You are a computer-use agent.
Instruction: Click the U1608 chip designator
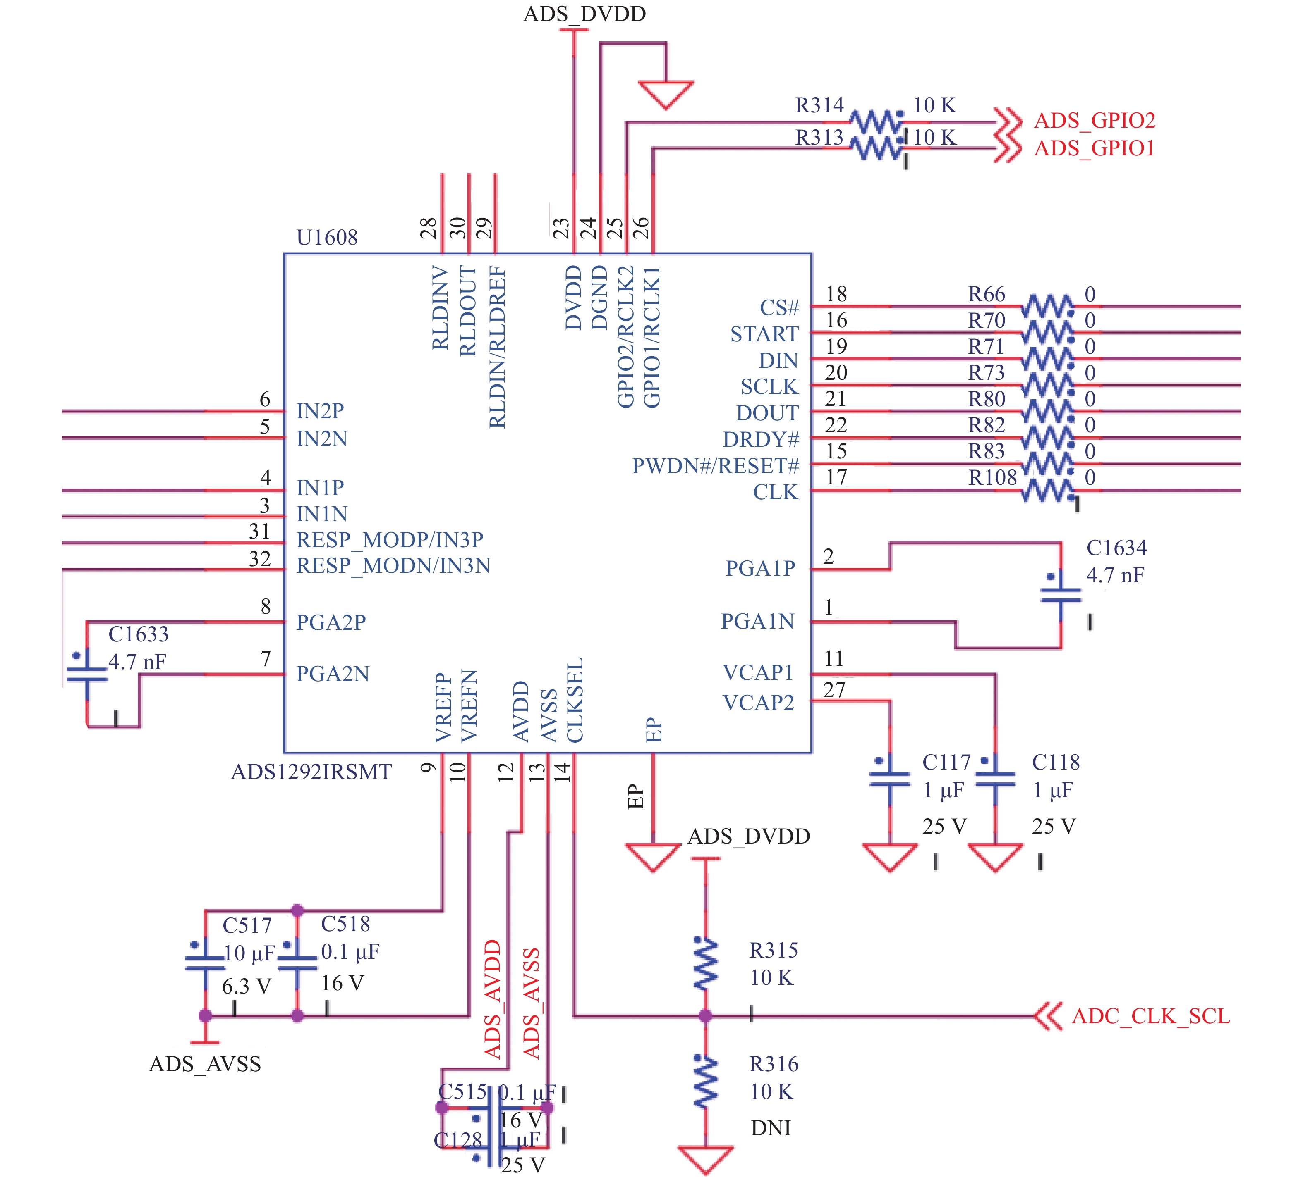327,238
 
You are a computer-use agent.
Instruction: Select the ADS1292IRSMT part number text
311,772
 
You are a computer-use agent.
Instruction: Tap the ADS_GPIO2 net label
1094,121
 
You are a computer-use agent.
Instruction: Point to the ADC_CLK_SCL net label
1150,1016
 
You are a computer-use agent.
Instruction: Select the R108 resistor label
993,477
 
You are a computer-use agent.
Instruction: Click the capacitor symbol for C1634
1061,594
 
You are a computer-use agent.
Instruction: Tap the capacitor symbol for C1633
86,674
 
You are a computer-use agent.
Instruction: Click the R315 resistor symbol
706,963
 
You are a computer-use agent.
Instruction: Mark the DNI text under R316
771,1128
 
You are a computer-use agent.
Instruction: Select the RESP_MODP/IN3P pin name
390,539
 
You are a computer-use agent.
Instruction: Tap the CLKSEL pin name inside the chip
575,700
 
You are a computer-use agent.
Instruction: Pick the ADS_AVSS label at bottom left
205,1064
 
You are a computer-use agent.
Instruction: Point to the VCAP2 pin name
758,702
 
